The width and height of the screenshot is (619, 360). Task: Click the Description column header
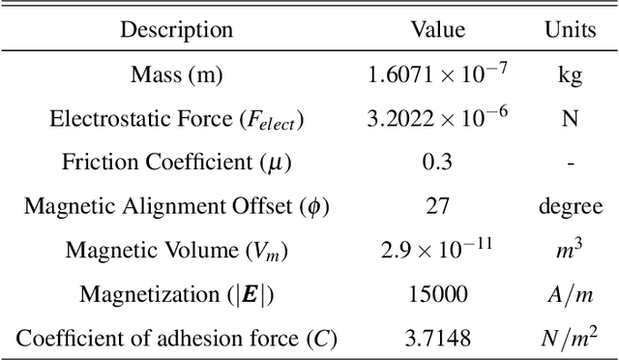(x=177, y=30)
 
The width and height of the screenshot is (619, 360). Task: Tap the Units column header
(x=569, y=30)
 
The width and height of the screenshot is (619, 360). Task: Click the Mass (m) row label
(x=177, y=75)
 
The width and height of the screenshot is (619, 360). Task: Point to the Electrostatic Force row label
(x=177, y=119)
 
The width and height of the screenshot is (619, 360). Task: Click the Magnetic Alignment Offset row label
(x=177, y=206)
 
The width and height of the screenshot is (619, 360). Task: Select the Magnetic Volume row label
(x=177, y=250)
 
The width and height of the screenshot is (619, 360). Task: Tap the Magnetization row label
(x=177, y=294)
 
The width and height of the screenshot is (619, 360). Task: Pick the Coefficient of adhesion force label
(x=177, y=339)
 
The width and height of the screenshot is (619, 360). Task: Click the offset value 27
(x=437, y=206)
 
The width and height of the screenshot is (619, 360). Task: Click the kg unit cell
(x=569, y=75)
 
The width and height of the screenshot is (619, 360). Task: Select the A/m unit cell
(x=569, y=294)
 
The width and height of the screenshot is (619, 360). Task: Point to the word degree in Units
(x=569, y=207)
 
